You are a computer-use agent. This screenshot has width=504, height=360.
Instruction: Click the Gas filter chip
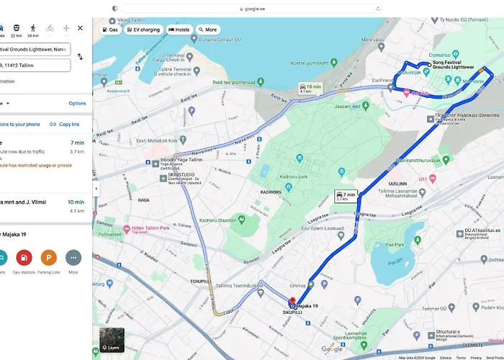click(111, 30)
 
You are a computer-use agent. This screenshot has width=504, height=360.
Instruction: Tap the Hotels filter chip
click(180, 30)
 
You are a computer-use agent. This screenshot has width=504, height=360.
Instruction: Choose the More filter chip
click(207, 30)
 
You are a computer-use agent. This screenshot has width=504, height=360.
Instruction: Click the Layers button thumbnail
click(112, 341)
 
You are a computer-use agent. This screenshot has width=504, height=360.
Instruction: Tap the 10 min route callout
click(305, 89)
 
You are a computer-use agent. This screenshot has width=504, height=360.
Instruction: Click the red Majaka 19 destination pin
click(292, 303)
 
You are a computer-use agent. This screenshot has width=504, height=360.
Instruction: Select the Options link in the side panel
click(77, 104)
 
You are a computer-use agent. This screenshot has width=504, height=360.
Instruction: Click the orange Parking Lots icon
click(49, 257)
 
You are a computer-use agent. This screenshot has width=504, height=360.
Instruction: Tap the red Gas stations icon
click(24, 257)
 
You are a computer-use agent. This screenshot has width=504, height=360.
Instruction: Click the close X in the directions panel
click(80, 28)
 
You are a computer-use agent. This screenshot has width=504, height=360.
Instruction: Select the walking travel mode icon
click(33, 28)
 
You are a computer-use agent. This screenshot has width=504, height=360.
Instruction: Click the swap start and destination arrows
click(80, 56)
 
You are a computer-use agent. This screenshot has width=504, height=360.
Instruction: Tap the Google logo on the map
click(332, 349)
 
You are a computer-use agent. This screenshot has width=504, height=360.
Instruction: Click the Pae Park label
click(395, 246)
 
